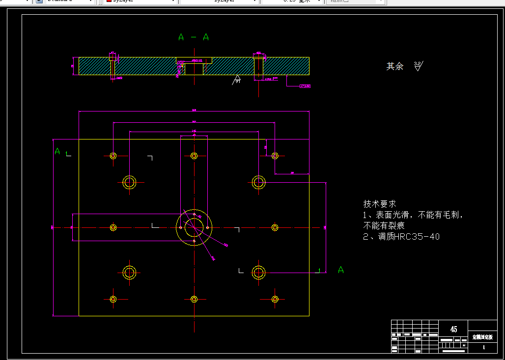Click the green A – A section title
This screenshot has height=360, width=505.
[194, 37]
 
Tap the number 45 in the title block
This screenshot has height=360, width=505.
[453, 329]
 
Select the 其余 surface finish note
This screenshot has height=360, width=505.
[395, 66]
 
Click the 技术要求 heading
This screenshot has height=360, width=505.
[379, 204]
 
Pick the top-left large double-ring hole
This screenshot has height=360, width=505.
[130, 182]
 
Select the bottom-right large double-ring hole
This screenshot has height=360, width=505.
[258, 272]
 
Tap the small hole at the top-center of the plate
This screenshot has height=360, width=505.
[194, 156]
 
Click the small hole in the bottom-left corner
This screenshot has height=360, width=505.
[113, 299]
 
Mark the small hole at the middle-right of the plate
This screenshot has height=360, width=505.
[275, 227]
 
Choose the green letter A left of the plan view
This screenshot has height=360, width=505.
[57, 151]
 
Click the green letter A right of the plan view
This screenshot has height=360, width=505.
[340, 270]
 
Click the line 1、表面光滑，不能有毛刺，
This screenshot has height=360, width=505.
[414, 215]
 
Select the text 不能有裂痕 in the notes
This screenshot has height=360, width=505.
[384, 226]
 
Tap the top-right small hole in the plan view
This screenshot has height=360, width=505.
[275, 156]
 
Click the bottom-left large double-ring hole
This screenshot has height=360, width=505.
[129, 272]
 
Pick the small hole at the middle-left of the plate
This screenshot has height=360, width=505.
[113, 227]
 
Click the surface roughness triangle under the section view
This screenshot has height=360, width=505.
[237, 80]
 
